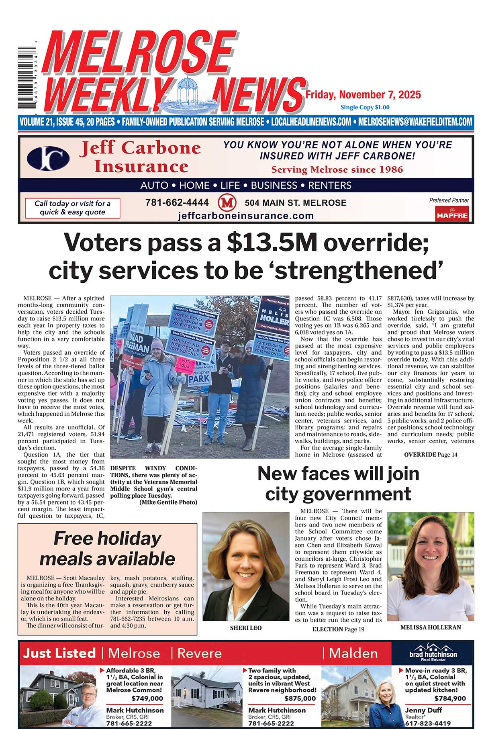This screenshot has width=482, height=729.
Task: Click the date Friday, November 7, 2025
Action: pos(363,95)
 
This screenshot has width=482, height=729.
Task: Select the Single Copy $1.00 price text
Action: pos(365,107)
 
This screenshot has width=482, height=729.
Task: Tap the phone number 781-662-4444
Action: pos(177,202)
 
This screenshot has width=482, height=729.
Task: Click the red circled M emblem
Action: pos(227,203)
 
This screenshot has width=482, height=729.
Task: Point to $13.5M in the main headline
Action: pos(272,243)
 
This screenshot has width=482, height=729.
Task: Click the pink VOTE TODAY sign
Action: pos(185,364)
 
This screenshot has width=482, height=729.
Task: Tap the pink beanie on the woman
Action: pos(157,344)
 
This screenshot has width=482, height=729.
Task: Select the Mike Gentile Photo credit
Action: pos(168,502)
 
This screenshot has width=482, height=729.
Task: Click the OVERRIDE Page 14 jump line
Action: pos(431,455)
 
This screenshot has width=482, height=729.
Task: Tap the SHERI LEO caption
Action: pos(245,628)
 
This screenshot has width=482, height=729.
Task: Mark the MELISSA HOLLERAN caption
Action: pos(431,627)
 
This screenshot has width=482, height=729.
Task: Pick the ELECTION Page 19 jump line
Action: pos(338,629)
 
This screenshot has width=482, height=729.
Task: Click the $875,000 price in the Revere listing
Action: pos(299,698)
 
